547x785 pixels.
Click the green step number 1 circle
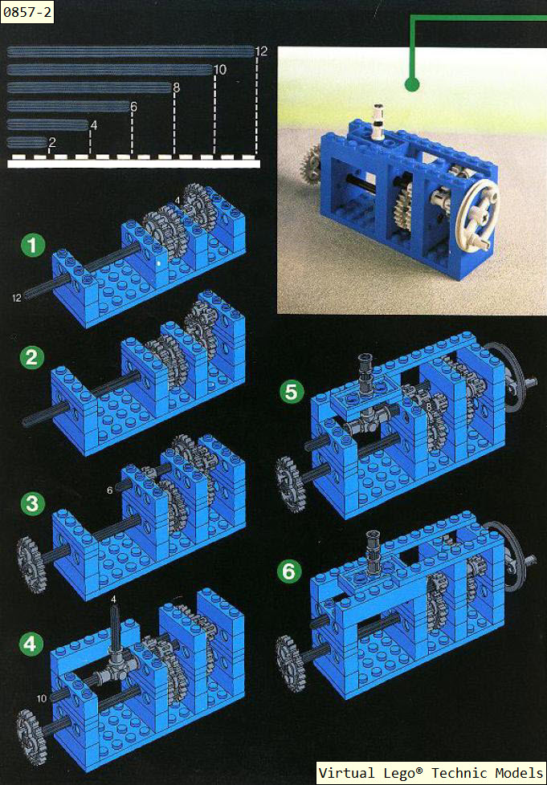click(33, 246)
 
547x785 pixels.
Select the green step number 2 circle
click(32, 357)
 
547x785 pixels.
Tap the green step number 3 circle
click(33, 503)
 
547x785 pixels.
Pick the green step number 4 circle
click(31, 643)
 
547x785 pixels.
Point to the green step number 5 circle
click(292, 392)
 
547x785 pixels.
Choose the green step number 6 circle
click(289, 571)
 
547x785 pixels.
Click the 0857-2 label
click(27, 11)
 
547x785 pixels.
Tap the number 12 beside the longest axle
click(261, 51)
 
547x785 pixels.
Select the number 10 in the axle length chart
click(220, 70)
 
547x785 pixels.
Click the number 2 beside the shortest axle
click(51, 143)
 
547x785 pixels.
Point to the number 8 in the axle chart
click(176, 88)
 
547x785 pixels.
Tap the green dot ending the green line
click(411, 84)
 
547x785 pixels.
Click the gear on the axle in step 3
click(31, 563)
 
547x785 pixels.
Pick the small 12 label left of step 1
click(17, 298)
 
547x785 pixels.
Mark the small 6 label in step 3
click(110, 490)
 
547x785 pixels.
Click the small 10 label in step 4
click(42, 698)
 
